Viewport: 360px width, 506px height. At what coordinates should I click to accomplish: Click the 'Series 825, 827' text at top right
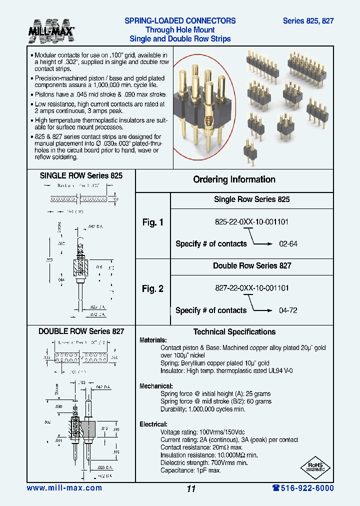point(308,21)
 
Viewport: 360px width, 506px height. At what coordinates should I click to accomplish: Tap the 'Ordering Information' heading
point(234,179)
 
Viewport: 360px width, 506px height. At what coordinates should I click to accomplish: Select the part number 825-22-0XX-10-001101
point(251,221)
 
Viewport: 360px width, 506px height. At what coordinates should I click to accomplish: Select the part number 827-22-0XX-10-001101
point(251,288)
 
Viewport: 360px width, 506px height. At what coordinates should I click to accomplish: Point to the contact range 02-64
point(288,244)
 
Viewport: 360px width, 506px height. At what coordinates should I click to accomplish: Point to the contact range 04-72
point(288,310)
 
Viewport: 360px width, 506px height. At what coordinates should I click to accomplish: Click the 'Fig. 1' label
point(152,222)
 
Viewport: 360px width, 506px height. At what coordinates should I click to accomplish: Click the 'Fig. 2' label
point(152,288)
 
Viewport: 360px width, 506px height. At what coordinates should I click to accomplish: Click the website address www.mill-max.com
point(64,488)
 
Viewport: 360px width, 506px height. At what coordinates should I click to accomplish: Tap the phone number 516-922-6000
point(303,488)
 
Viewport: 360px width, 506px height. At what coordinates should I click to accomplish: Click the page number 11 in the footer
point(190,489)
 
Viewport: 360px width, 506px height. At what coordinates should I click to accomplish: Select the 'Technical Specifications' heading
point(234,332)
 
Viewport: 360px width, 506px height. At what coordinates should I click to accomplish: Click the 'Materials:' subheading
point(153,340)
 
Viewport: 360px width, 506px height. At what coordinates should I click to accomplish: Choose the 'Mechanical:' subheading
point(156,386)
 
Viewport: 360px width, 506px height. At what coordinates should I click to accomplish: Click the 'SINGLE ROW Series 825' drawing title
point(81,176)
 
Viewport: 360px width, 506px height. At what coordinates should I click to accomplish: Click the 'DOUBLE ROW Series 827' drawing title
point(81,331)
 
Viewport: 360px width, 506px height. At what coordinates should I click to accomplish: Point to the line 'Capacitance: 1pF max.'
point(190,470)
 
